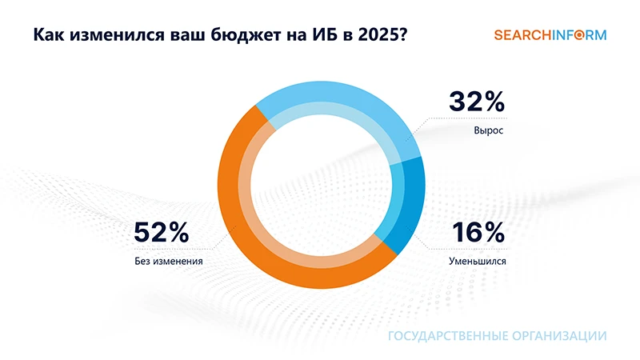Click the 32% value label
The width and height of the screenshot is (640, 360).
click(x=477, y=102)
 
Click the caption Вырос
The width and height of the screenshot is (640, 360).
click(x=487, y=130)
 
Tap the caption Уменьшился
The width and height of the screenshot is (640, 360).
click(x=478, y=261)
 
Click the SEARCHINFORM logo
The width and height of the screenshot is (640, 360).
click(x=550, y=35)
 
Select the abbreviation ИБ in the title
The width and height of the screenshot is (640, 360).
click(x=314, y=37)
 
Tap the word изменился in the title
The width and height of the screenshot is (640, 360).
click(x=111, y=37)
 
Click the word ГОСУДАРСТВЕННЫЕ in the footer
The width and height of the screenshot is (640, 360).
click(x=444, y=336)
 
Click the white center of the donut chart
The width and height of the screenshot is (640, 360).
click(x=319, y=192)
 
